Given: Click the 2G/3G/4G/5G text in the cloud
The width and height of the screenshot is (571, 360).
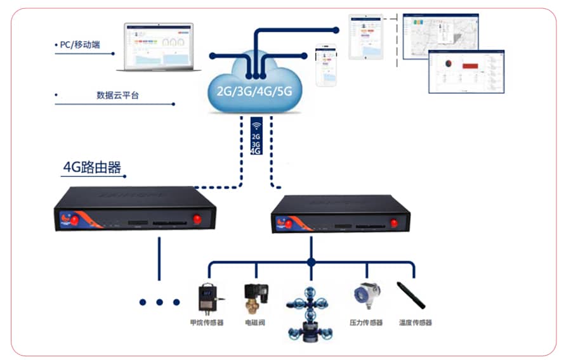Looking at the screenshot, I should [x=254, y=90].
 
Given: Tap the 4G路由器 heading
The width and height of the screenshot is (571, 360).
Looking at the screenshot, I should [x=92, y=167].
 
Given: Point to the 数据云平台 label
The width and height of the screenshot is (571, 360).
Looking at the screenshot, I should [x=117, y=95].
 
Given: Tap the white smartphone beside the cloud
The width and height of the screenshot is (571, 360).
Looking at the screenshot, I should [x=326, y=65].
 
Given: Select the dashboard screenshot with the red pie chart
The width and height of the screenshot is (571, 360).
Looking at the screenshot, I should [x=466, y=72].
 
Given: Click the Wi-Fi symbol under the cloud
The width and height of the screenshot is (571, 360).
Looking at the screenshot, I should [x=256, y=125].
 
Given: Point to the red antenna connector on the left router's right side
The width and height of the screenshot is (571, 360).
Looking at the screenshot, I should [x=197, y=219].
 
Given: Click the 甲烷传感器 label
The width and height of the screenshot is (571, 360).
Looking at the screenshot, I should [x=207, y=323].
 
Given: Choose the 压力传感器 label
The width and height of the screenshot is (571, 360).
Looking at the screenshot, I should [x=366, y=323].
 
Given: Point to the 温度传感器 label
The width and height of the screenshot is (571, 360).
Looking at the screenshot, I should [x=416, y=323].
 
